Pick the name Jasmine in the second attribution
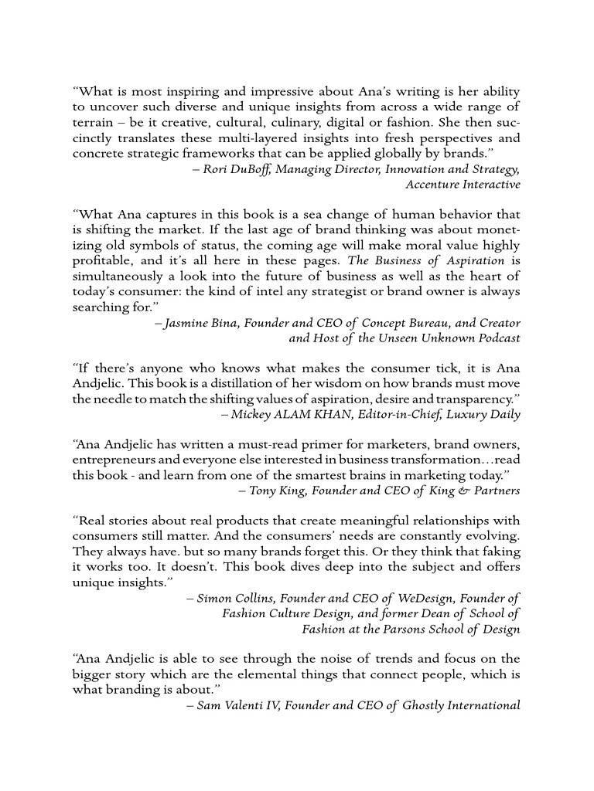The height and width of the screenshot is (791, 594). point(188,322)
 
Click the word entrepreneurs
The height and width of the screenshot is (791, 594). point(108,460)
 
